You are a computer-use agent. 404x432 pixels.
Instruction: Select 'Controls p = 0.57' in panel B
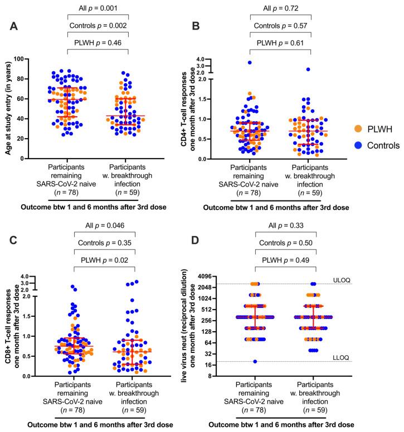click(280, 26)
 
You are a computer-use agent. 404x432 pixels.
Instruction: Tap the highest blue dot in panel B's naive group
click(250, 62)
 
